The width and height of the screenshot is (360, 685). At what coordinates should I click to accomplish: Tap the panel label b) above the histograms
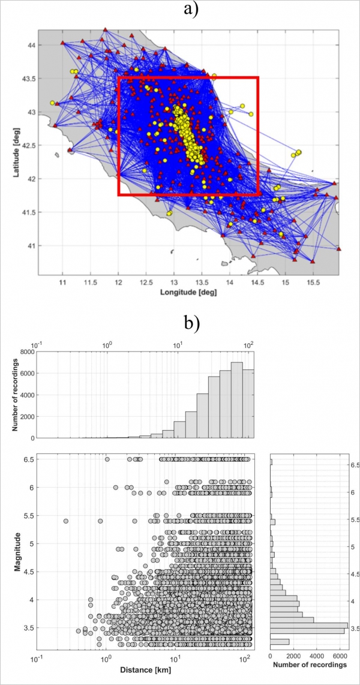click(191, 323)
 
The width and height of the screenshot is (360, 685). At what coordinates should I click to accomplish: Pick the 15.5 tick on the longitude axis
click(313, 281)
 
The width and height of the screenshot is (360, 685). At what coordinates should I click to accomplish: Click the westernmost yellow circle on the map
click(52, 103)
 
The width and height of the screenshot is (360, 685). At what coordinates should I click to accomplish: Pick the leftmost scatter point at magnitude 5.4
click(65, 521)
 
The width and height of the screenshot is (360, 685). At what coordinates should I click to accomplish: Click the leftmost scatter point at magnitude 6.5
click(107, 459)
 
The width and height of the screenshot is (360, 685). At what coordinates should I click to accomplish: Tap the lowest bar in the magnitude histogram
click(280, 642)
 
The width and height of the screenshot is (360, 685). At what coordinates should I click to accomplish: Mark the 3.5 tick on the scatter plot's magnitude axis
click(27, 627)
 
